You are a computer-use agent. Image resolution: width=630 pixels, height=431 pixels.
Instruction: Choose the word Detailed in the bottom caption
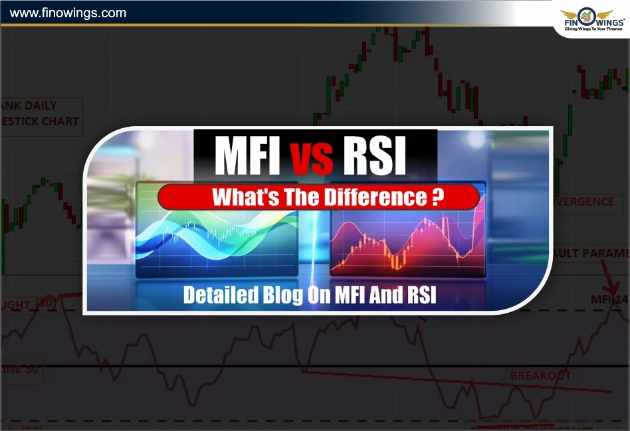point(215,294)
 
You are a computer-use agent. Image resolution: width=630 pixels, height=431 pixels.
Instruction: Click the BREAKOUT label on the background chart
point(540,376)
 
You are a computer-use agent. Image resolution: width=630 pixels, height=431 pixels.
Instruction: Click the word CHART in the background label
point(60,122)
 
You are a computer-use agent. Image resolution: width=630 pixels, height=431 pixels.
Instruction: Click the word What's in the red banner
point(237,197)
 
